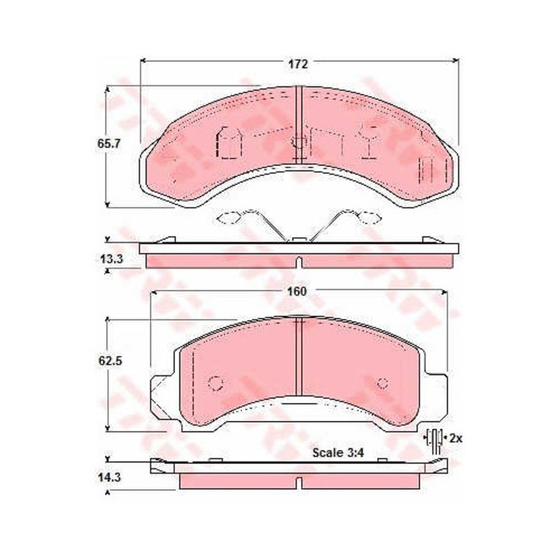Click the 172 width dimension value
point(298,64)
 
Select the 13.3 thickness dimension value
point(111,258)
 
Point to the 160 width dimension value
point(297,292)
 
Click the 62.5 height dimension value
point(110,361)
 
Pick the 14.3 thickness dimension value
point(110,478)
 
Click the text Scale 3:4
point(338,453)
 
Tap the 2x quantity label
point(456,438)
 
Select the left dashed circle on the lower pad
point(216,384)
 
